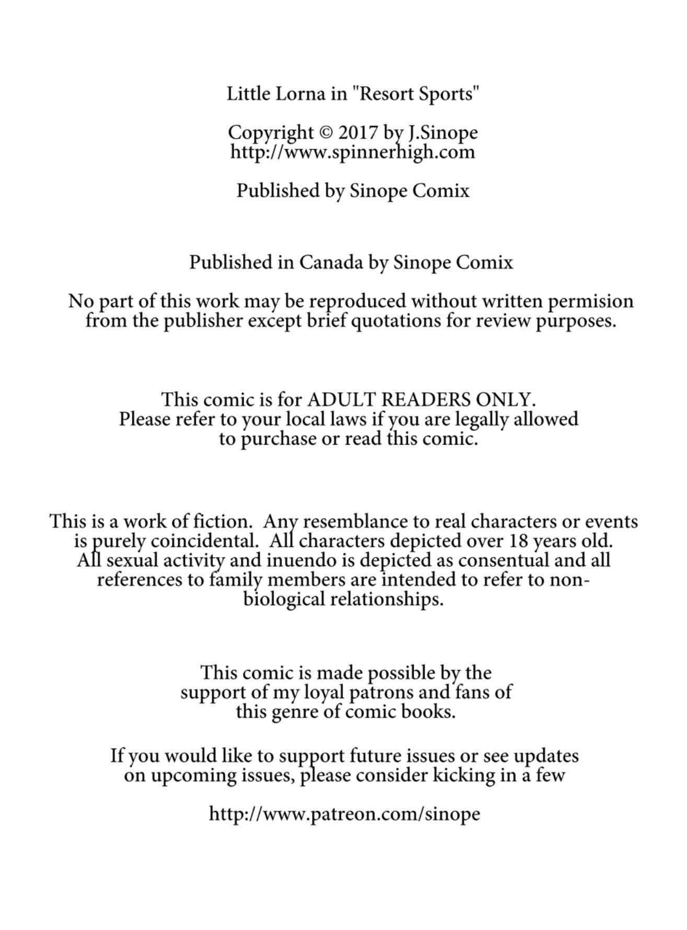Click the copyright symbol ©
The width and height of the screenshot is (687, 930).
[x=325, y=133]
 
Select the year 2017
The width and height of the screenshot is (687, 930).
[x=358, y=133]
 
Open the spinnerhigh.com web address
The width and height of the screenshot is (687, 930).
[x=352, y=152]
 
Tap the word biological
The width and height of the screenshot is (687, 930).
[x=284, y=599]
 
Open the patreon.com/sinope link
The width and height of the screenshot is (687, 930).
[x=345, y=814]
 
